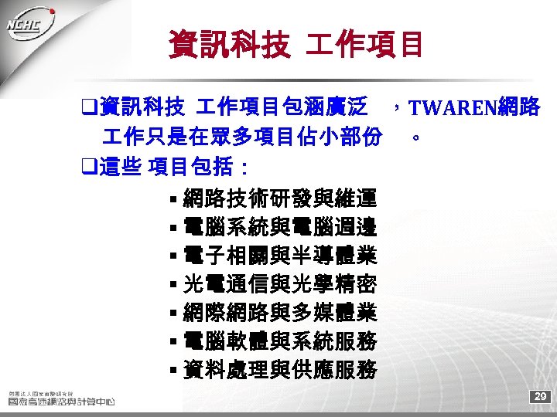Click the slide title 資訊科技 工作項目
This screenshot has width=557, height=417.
pos(296,44)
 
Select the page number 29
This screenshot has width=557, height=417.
pos(540,397)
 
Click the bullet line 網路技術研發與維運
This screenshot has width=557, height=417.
pos(280,200)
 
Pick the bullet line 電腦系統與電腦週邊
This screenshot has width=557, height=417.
pos(280,228)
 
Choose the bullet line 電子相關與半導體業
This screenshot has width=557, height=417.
pos(280,256)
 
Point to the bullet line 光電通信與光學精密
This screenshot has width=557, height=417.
pos(280,285)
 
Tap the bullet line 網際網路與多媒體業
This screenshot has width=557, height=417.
pos(280,313)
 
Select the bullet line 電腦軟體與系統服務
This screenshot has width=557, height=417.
pos(280,341)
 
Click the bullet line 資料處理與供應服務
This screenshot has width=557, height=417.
pos(280,370)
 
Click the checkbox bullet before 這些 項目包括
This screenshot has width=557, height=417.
pos(89,167)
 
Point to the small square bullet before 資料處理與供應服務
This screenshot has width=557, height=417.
pos(173,371)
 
